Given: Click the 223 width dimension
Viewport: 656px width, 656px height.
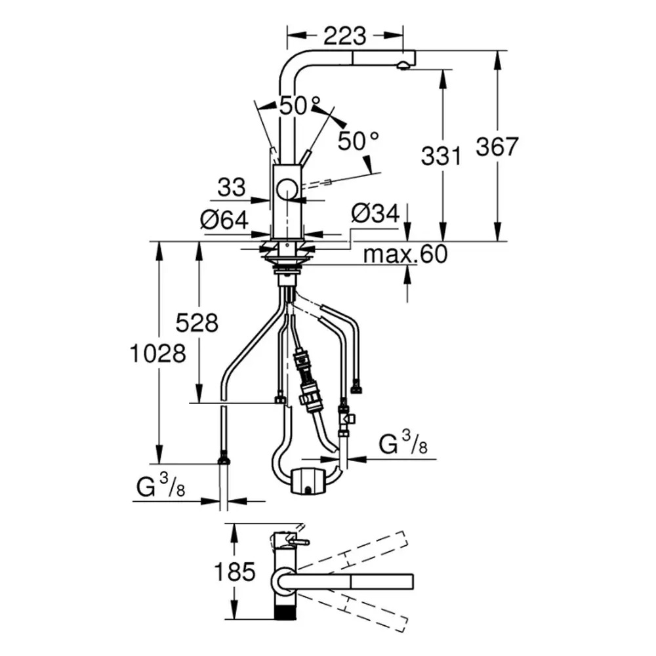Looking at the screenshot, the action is [345, 36].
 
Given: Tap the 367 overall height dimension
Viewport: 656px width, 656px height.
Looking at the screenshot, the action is [497, 146].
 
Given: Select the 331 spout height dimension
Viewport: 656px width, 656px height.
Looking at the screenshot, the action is [441, 155].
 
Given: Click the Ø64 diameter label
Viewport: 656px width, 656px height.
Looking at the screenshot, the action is [224, 220].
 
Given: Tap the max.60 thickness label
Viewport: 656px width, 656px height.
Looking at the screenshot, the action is [405, 254].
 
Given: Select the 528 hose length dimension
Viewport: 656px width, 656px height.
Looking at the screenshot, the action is [197, 323].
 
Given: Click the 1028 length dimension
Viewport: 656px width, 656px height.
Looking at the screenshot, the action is [158, 354].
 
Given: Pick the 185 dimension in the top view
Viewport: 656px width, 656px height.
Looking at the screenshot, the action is [234, 571].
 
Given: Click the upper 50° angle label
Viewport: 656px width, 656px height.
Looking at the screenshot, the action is [300, 106].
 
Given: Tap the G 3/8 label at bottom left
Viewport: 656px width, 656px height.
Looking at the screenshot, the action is [161, 487].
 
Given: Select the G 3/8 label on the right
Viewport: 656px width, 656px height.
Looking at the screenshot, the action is [403, 444].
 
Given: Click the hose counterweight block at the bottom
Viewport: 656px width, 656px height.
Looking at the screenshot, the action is [308, 482].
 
